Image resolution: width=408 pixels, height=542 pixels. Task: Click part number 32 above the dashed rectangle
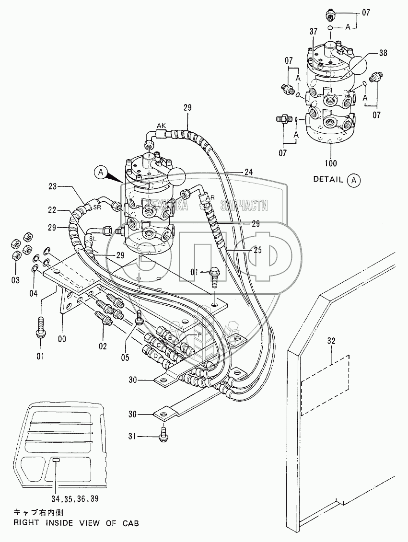click(x=332, y=341)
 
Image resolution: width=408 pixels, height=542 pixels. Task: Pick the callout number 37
click(x=314, y=32)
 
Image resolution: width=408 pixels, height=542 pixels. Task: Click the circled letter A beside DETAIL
click(x=354, y=180)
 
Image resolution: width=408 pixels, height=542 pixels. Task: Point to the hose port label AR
click(x=210, y=197)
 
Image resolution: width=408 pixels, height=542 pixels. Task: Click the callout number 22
click(x=53, y=209)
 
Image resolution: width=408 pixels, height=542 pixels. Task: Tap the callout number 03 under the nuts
click(x=15, y=279)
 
